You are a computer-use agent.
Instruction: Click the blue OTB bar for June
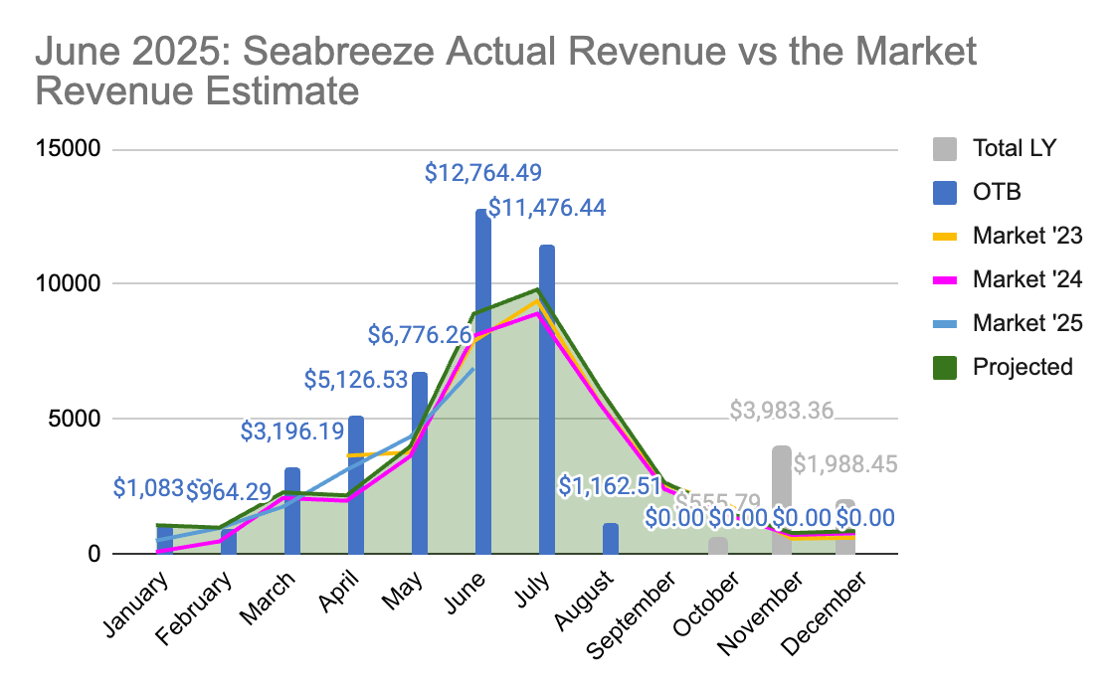click(x=483, y=382)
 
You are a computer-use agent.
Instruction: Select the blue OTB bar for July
click(x=547, y=398)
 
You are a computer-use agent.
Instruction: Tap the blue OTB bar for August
click(x=611, y=538)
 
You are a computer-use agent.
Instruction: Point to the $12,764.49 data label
click(x=482, y=172)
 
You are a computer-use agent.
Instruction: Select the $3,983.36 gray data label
click(x=782, y=410)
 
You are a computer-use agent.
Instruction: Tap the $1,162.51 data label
click(x=610, y=486)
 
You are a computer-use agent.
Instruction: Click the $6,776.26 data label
click(x=419, y=335)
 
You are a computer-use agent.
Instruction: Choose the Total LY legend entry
click(x=1015, y=149)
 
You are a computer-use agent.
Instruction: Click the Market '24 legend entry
click(x=1027, y=279)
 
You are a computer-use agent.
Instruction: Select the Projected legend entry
click(x=1023, y=367)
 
